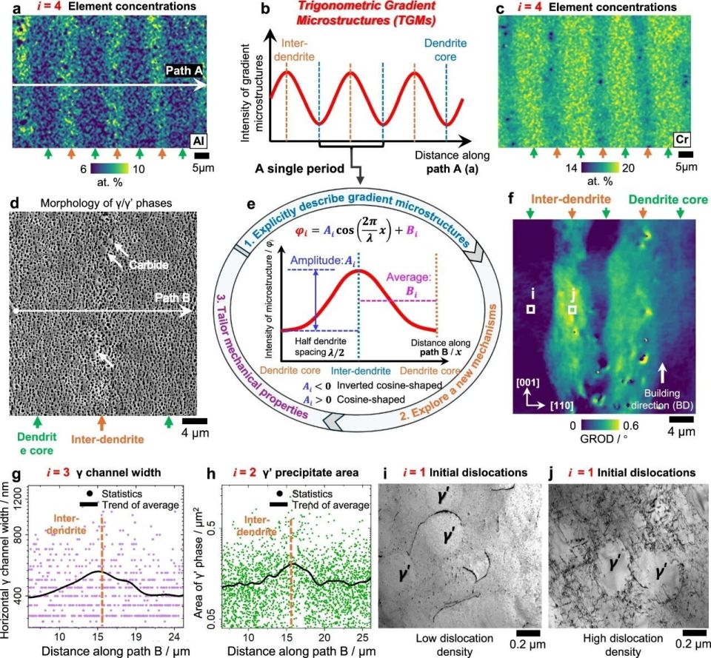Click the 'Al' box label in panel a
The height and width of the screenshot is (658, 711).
(x=198, y=140)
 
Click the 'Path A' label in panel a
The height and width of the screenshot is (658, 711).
(x=181, y=71)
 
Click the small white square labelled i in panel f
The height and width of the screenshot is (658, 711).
(x=530, y=309)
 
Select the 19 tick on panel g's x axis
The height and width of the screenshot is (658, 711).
(x=136, y=636)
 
